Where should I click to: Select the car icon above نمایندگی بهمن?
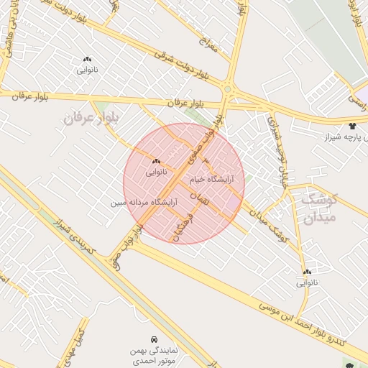154,339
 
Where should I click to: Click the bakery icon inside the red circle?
156,161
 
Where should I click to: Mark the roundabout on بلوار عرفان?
228,90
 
